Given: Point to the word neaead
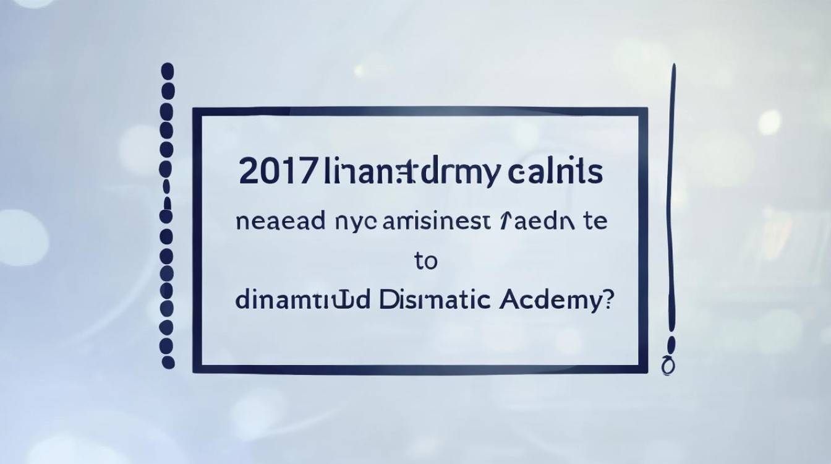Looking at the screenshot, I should pos(279,223).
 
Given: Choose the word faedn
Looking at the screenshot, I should pos(535,223).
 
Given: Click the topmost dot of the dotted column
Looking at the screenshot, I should pos(168,71).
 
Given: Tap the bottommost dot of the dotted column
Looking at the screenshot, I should pos(168,362).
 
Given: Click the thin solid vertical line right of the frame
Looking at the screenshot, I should pos(671,204).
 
